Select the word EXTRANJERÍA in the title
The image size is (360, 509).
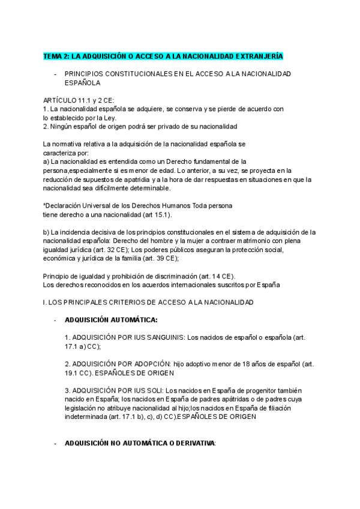[x=259, y=56]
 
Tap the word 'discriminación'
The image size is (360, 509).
[x=163, y=276]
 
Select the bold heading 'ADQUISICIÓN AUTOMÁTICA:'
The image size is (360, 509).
[x=111, y=320]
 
